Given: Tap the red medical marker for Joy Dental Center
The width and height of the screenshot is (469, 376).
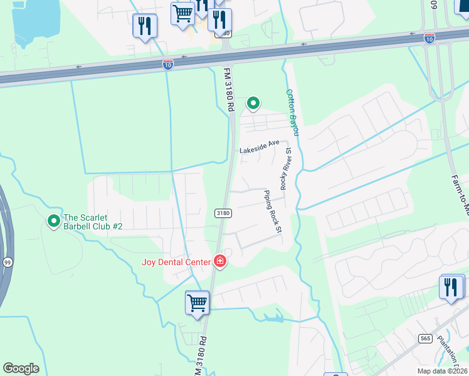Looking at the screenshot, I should click(220, 261).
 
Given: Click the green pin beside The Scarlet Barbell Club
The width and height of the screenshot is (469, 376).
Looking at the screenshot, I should click(54, 221).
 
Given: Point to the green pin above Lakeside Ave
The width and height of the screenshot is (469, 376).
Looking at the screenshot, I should click(253, 103).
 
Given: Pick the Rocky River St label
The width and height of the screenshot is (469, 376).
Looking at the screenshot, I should click(286, 168).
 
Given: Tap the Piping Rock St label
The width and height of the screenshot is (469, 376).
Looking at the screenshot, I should click(271, 212).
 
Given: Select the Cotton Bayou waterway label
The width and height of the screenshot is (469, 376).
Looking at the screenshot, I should click(293, 112).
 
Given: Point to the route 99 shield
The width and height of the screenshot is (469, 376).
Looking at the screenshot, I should click(8, 243).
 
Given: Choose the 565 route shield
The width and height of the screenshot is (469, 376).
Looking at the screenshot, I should click(426, 338).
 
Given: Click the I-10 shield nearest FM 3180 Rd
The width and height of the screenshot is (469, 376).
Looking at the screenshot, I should click(167, 64).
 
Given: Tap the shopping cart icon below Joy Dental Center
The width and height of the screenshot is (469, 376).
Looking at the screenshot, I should click(197, 303).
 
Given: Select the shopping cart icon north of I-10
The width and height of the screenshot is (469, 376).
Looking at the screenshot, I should click(182, 13).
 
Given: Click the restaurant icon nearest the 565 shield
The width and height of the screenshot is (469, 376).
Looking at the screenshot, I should click(451, 288).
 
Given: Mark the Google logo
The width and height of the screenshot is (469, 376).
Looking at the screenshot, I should click(21, 368).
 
